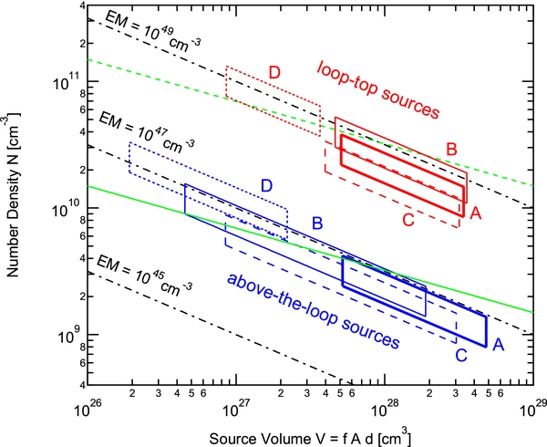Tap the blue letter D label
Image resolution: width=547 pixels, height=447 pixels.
(267, 185)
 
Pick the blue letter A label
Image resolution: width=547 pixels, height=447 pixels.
(499, 345)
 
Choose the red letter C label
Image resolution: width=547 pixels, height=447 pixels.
(409, 219)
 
